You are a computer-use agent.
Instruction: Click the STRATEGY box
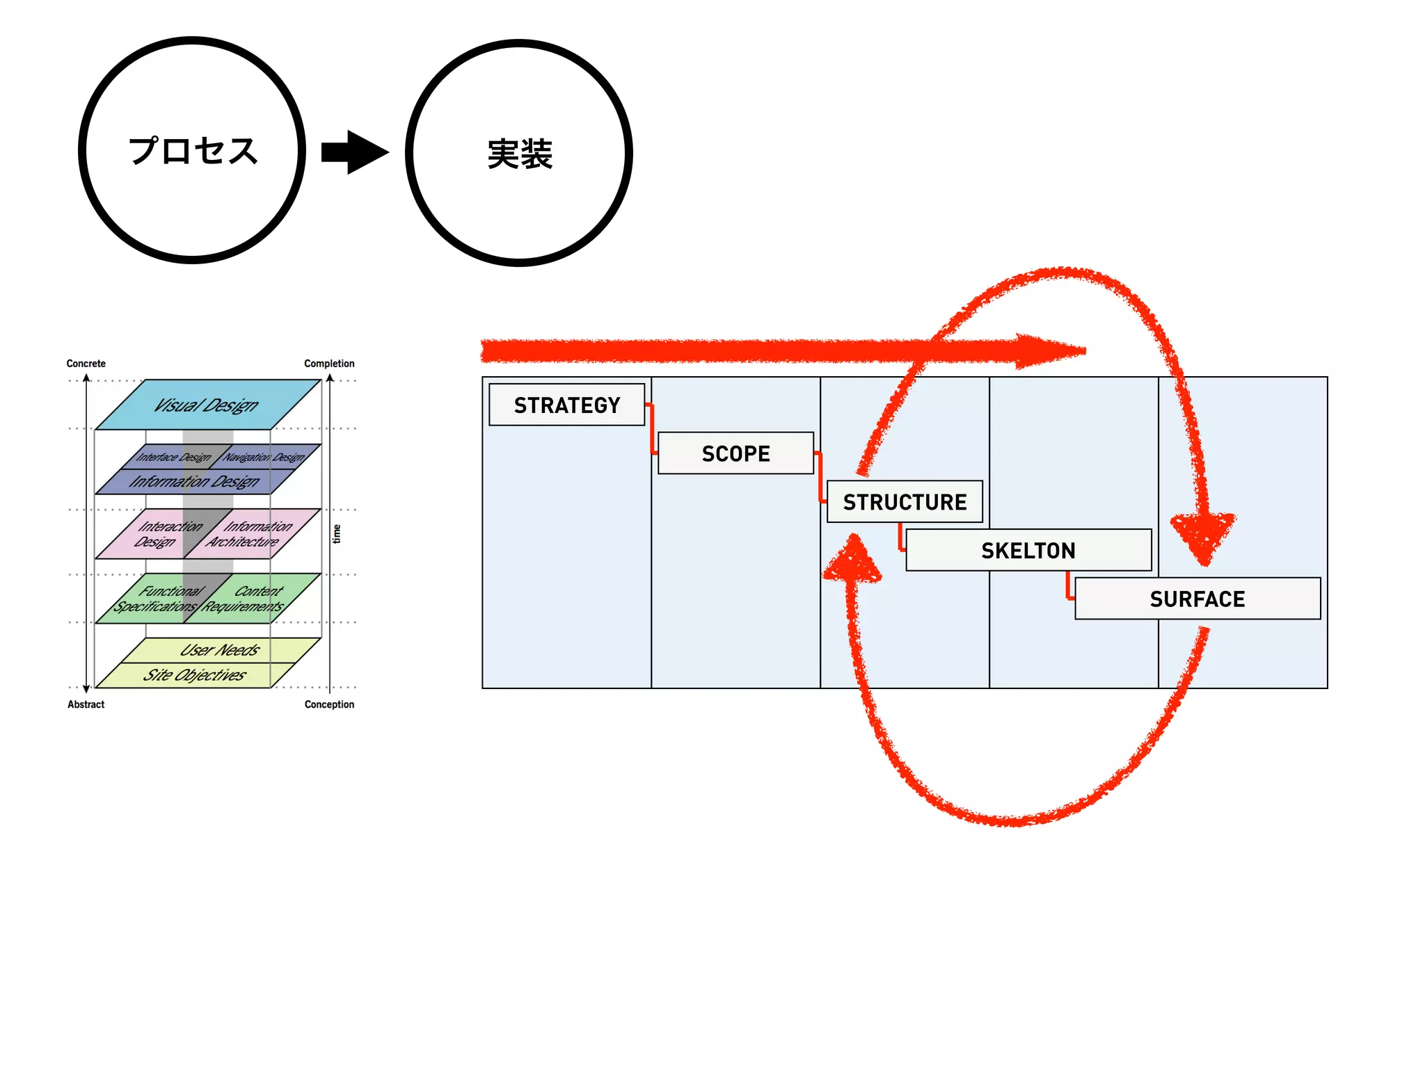[x=566, y=405]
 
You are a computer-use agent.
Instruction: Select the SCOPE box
[x=735, y=453]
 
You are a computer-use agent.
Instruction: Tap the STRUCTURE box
[x=905, y=501]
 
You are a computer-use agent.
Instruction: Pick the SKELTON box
[x=1028, y=550]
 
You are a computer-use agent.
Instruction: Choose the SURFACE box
[x=1197, y=599]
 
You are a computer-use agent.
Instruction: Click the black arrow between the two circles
[x=355, y=152]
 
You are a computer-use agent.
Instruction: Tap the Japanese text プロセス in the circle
[x=193, y=151]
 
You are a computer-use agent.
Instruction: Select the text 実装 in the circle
[x=520, y=154]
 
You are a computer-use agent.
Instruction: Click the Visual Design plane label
[x=206, y=405]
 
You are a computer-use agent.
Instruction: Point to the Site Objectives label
[x=195, y=675]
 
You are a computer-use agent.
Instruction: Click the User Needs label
[x=220, y=650]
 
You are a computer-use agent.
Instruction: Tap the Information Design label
[x=195, y=481]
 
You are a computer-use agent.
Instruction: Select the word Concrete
[x=86, y=364]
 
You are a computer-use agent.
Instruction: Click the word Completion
[x=329, y=364]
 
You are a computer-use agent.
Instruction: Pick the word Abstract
[x=86, y=704]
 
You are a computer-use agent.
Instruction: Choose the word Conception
[x=329, y=704]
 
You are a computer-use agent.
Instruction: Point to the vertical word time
[x=337, y=534]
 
